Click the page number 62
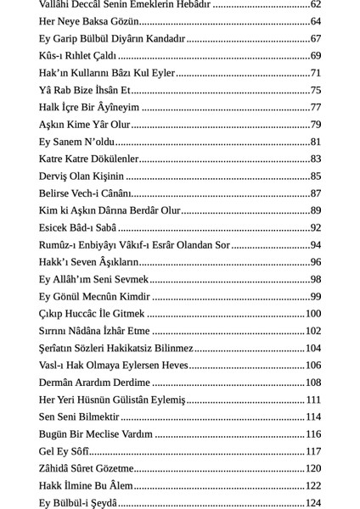coord(315,4)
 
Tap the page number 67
coord(315,38)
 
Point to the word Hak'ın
coord(53,73)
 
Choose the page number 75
coord(315,90)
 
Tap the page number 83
coord(315,159)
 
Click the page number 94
coord(315,245)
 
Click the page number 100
coord(312,314)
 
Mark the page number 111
coord(312,400)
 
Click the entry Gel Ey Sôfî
coord(65,451)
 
